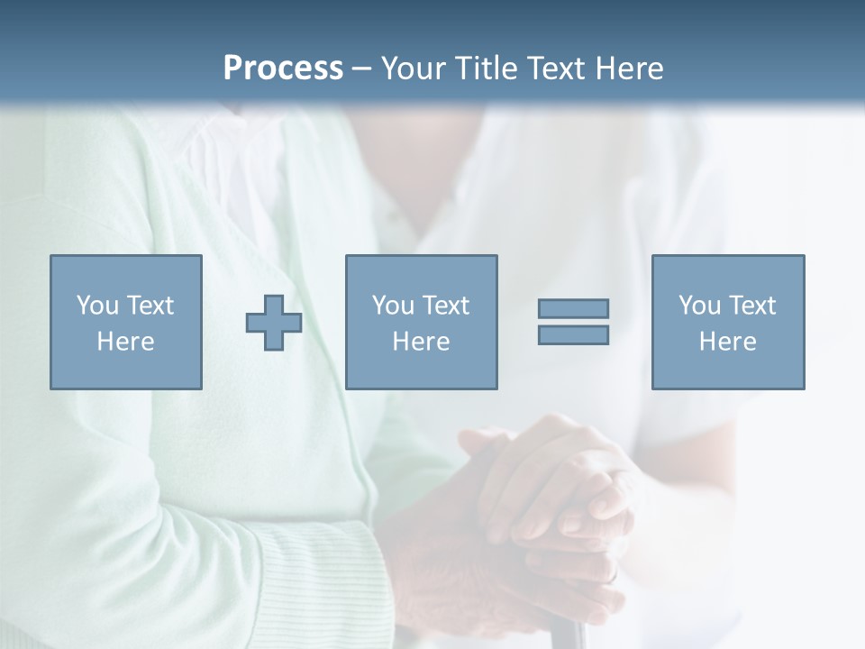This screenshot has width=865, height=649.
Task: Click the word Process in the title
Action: coord(283,69)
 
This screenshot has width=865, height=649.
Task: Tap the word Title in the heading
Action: coord(486,69)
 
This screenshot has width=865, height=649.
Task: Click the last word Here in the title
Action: coord(628,69)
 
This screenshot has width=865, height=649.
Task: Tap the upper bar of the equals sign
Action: coord(573,308)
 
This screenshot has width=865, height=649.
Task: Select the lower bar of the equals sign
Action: coord(573,335)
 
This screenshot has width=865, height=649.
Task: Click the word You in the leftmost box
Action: coord(97,306)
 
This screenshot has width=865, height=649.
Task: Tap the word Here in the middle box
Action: coord(421,342)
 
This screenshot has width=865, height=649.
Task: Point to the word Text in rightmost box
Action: coord(752,306)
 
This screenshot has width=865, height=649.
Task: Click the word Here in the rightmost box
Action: coord(727,342)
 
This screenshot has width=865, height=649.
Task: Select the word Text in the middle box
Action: coord(446,306)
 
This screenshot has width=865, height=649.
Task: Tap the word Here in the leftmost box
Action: coord(125,342)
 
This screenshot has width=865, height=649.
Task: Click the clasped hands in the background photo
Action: coord(541,505)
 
